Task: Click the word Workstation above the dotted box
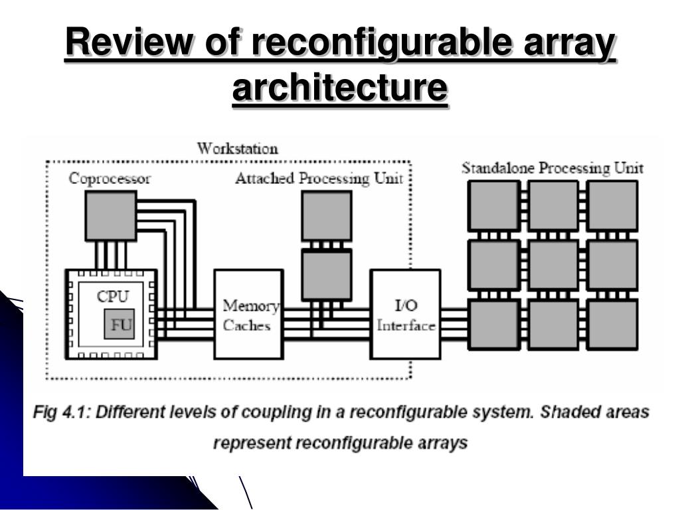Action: click(237, 149)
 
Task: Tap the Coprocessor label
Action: click(110, 179)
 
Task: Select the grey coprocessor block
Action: click(111, 216)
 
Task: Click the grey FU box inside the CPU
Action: click(119, 324)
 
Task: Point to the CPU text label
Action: click(113, 297)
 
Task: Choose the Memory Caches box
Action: click(249, 314)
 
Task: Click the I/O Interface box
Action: click(406, 314)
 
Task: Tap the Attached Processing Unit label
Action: click(319, 178)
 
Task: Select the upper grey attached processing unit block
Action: click(327, 216)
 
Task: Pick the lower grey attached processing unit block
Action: click(327, 276)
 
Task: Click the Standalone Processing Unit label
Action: click(552, 168)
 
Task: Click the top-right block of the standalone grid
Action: click(612, 206)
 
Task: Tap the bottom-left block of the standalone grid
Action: click(494, 325)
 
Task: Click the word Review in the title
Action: click(129, 42)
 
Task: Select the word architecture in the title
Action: click(340, 88)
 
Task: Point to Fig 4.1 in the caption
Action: click(61, 412)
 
